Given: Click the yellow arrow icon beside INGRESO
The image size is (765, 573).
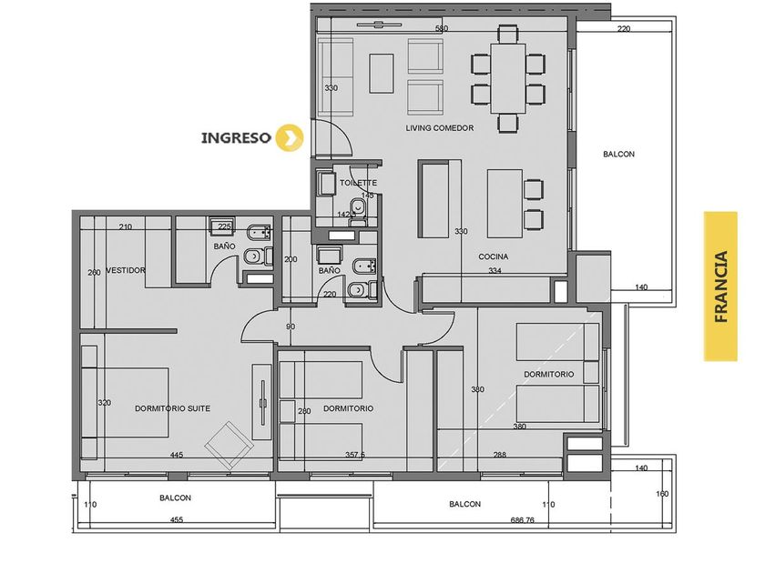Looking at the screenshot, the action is click(290, 137).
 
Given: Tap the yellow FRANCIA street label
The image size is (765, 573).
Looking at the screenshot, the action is click(720, 286).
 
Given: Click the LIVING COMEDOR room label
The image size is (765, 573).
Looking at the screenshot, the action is click(440, 128).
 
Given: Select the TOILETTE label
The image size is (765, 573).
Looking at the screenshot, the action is click(359, 183).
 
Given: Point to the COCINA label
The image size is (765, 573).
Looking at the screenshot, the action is click(494, 256).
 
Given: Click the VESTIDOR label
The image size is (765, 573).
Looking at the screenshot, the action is click(126, 270).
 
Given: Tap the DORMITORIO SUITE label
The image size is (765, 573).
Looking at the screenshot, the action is click(173, 408).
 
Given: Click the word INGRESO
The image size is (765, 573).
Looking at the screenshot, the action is click(236, 137).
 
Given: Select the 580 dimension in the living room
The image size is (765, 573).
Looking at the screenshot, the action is click(442, 29).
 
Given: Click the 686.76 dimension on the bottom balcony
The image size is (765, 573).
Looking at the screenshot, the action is click(523, 520).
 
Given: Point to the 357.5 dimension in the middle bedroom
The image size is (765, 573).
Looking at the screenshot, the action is click(355, 455).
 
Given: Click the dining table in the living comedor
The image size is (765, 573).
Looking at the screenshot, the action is click(508, 78).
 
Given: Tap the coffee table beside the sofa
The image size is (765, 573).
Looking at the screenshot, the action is click(382, 73).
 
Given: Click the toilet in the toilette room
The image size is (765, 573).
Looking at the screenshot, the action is click(359, 208).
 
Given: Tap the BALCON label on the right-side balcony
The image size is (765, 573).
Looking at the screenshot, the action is click(618, 154).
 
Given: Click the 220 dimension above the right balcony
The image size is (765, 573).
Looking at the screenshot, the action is click(624, 29).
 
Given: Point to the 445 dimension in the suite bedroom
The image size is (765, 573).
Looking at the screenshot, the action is click(177, 455).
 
